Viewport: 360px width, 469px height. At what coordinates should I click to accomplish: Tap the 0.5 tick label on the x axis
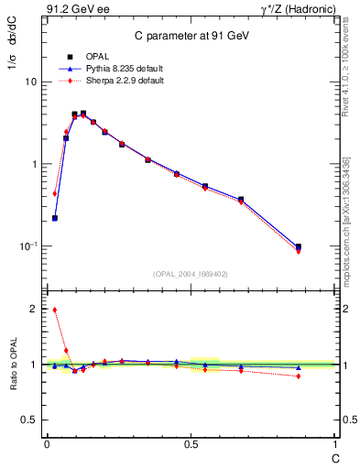pos(191,444)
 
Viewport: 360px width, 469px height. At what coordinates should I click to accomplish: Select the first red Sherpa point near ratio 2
pos(55,310)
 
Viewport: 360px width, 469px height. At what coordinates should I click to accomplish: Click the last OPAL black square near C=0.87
pos(299,246)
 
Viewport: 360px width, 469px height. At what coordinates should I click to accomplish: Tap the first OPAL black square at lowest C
pos(55,218)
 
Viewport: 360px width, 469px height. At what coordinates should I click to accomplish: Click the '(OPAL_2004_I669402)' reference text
pos(191,273)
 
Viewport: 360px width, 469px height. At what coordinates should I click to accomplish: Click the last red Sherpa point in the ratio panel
pos(299,376)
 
